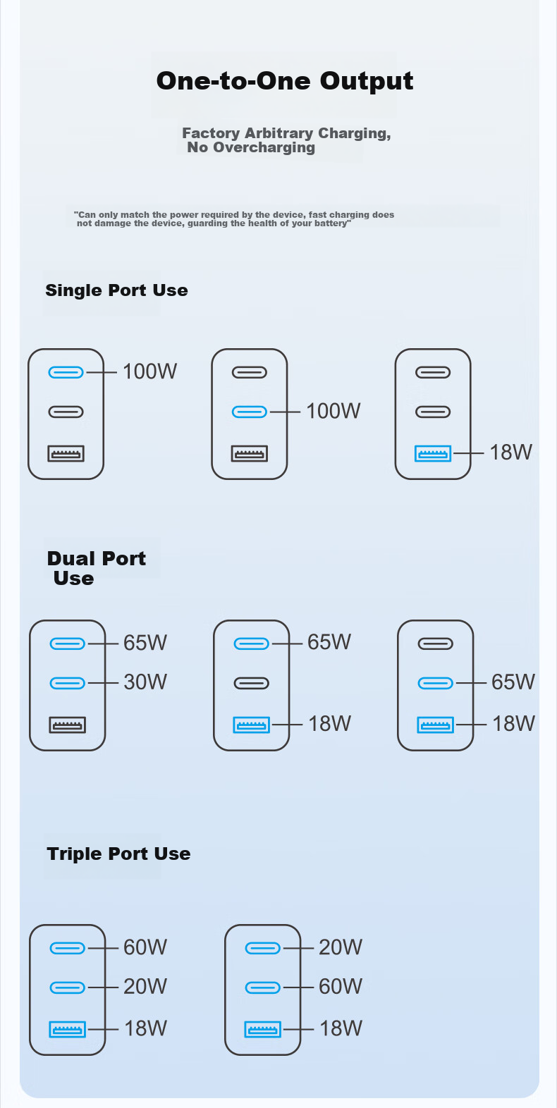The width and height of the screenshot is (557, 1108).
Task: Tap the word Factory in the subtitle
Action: click(x=212, y=133)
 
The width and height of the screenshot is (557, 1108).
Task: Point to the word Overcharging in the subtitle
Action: click(x=264, y=147)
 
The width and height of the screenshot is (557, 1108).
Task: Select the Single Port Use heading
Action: click(x=117, y=290)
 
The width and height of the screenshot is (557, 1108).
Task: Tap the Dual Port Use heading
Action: click(x=97, y=568)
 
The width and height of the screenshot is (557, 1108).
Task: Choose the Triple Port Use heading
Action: click(x=118, y=854)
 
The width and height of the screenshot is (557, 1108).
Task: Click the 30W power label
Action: click(x=145, y=682)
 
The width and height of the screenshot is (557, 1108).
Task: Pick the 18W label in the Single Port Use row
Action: click(x=511, y=452)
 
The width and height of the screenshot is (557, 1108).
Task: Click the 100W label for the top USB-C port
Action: click(x=150, y=371)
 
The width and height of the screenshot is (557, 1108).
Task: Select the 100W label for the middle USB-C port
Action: click(x=333, y=411)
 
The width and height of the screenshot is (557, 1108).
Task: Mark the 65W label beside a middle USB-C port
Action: click(x=513, y=682)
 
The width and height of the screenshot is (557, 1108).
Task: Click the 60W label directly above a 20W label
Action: click(x=145, y=947)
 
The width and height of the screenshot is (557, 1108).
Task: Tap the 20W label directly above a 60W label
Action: click(x=341, y=947)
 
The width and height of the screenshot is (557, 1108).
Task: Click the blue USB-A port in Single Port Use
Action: click(x=433, y=453)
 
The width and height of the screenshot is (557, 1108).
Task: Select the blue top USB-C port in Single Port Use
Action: click(x=66, y=372)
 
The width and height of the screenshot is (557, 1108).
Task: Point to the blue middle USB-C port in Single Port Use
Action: click(x=250, y=412)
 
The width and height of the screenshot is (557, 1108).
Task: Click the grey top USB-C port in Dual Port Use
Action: click(x=435, y=644)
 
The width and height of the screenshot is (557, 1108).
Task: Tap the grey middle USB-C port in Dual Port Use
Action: click(x=251, y=683)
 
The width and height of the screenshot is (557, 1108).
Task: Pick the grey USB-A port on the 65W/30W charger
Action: click(x=67, y=725)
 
